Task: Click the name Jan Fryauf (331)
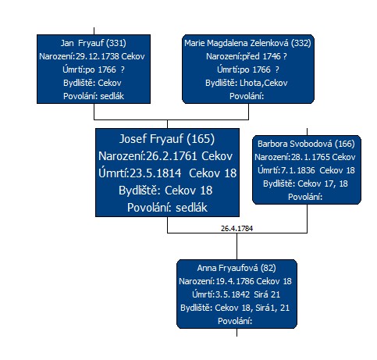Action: click(x=94, y=43)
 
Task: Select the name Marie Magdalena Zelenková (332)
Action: click(x=247, y=43)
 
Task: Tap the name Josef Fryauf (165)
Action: click(x=167, y=139)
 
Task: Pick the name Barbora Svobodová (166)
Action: click(x=306, y=144)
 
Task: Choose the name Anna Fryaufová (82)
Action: click(x=237, y=268)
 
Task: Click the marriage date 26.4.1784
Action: click(x=237, y=229)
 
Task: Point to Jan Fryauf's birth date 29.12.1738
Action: click(x=98, y=56)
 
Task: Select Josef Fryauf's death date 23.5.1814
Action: click(x=155, y=173)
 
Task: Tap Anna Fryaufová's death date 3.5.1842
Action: click(x=233, y=294)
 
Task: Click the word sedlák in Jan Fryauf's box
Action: click(x=112, y=96)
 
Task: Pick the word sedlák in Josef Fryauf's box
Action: click(x=191, y=208)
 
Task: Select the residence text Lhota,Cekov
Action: click(x=264, y=83)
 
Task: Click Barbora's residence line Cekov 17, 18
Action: click(x=322, y=184)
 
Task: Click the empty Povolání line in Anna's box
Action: click(x=235, y=321)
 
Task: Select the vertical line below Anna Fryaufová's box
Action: click(x=237, y=333)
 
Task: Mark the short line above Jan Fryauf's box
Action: click(x=94, y=31)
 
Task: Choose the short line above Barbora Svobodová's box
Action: click(x=307, y=132)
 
